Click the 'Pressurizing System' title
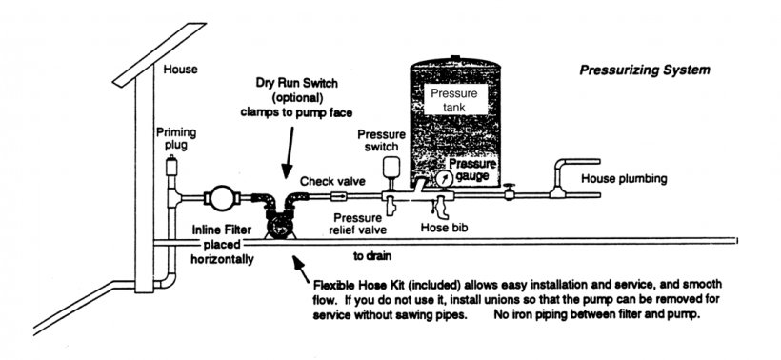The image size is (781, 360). coord(645,70)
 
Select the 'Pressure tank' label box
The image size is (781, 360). coord(453,100)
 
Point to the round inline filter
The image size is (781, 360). coord(220,198)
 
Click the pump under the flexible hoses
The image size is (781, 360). coord(278,224)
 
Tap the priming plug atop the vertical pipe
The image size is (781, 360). coord(171,166)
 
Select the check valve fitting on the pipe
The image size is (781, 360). coord(339,197)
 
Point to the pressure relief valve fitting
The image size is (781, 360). coord(392,206)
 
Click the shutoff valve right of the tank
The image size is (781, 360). coord(509,191)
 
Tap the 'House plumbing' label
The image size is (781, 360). coord(624,178)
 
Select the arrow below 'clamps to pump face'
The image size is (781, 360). coord(289,151)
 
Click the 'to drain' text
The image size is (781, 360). coord(372,256)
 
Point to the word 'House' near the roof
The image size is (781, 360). coord(180,70)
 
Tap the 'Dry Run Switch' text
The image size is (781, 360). coord(296,82)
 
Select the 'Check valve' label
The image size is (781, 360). coord(332,181)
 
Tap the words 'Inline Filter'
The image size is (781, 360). coord(222,230)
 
